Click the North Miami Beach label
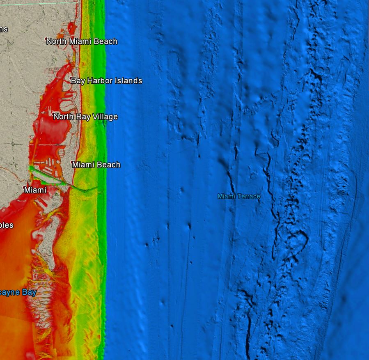(x=82, y=41)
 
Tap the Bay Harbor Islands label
(x=106, y=81)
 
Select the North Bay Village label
(x=85, y=117)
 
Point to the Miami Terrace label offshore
(x=239, y=197)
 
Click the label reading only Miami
(x=35, y=190)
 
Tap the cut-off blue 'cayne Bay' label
(x=18, y=293)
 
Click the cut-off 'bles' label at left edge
(x=7, y=225)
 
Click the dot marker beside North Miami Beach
(x=46, y=39)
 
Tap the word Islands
(x=129, y=81)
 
